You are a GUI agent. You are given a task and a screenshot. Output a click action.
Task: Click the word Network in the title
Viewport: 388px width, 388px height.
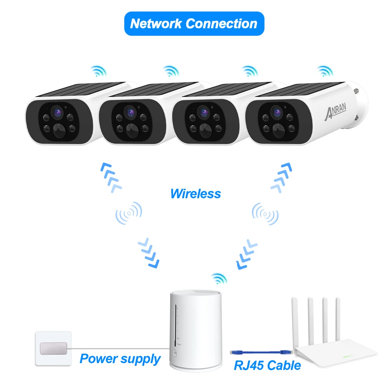point(156,24)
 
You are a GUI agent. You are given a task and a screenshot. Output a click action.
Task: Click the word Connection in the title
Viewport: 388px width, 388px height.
point(222,24)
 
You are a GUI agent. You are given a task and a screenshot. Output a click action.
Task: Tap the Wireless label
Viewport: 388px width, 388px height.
point(196,194)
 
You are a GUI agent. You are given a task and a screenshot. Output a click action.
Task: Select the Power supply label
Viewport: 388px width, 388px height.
point(120,359)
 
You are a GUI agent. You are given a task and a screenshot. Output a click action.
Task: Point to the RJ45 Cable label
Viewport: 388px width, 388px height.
point(267,365)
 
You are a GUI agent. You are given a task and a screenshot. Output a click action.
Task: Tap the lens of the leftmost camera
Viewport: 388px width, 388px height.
point(57,113)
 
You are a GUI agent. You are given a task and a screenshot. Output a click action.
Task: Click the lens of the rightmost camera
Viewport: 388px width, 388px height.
point(277,113)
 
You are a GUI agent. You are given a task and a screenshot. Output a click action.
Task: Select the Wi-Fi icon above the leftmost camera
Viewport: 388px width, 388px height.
point(99,71)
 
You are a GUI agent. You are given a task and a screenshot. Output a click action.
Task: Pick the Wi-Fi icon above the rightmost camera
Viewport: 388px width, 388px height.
point(325,71)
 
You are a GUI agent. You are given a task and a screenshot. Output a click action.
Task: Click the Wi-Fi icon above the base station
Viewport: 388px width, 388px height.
point(219,279)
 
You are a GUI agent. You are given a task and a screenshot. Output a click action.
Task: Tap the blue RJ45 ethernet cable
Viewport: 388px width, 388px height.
point(261,352)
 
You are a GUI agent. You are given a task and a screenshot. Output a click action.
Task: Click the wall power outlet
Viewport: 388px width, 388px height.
point(53,348)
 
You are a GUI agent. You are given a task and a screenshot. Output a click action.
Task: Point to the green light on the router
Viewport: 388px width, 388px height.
point(348,357)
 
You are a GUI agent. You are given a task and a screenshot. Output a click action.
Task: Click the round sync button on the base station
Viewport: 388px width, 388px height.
point(175,353)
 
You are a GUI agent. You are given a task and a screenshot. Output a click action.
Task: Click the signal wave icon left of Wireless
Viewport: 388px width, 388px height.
point(129,213)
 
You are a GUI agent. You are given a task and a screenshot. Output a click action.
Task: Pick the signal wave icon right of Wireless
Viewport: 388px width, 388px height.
point(265,214)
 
